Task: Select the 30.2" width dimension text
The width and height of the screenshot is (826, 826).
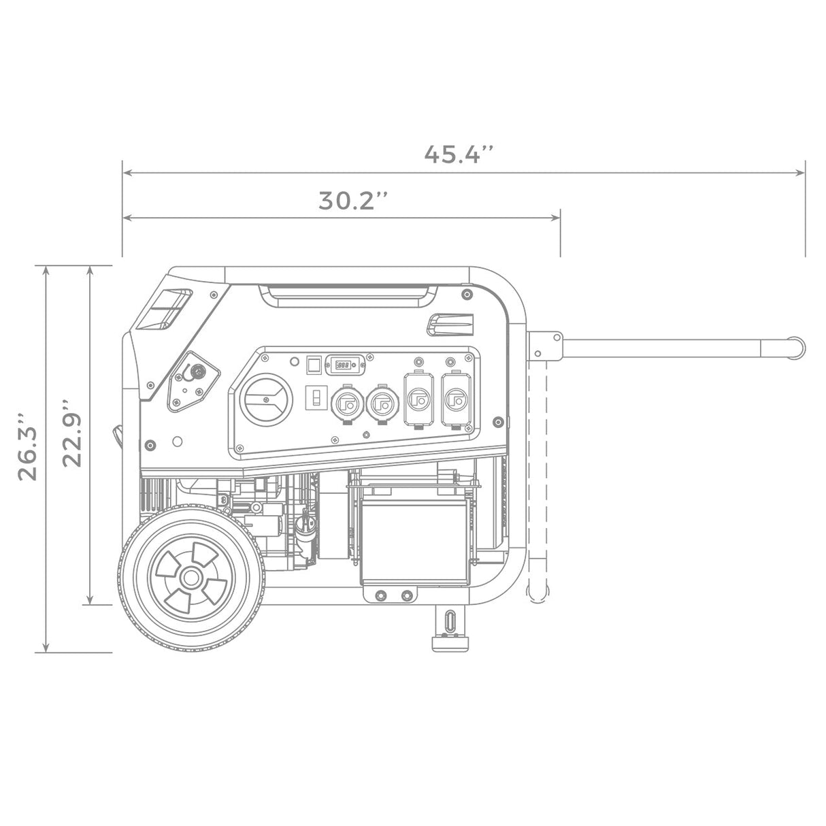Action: coord(353,201)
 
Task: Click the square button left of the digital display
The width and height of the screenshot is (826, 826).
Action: coord(313,365)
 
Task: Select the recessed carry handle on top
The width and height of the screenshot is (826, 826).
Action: coord(348,293)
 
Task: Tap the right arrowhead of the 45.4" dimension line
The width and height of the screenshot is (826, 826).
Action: coord(801,173)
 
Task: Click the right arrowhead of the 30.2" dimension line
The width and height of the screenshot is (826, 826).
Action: coord(555,218)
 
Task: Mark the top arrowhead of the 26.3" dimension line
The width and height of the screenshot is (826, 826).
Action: coord(46,270)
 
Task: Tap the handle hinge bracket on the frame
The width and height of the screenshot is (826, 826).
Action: coord(544,346)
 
